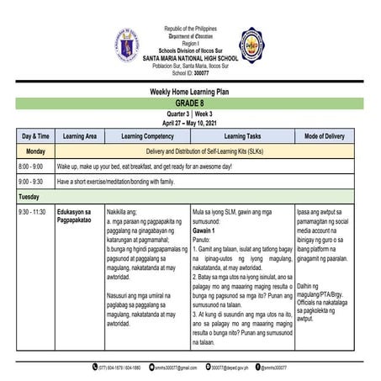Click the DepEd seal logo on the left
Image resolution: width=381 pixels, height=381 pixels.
[128, 43]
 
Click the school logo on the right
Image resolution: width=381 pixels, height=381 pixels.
[252, 43]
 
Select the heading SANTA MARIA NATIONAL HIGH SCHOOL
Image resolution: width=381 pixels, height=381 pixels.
[189, 56]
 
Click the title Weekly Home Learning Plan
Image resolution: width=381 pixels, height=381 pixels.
[190, 91]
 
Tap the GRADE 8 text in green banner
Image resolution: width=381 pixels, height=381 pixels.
[190, 103]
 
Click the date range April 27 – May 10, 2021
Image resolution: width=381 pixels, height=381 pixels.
[190, 121]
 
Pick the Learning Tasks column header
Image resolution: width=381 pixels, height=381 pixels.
[242, 135]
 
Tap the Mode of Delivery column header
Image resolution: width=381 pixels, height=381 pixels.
[324, 135]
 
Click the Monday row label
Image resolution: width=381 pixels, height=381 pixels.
[35, 151]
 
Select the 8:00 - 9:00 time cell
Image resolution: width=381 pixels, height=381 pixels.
[31, 167]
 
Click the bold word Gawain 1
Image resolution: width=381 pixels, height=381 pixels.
[204, 230]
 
